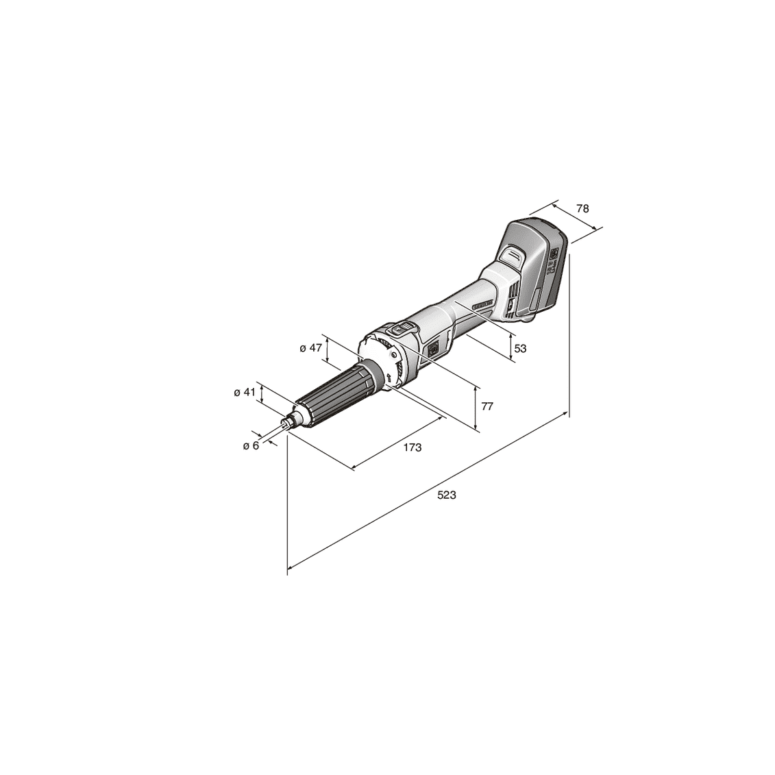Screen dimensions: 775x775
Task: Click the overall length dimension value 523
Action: point(446,495)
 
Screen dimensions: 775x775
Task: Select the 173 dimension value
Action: point(412,447)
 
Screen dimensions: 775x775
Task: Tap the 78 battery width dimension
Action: point(582,208)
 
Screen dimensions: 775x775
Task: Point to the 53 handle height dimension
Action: point(520,348)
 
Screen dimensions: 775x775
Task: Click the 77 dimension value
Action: point(487,406)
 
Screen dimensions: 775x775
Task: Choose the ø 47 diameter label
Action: point(310,348)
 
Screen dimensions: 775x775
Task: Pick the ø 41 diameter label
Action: point(244,393)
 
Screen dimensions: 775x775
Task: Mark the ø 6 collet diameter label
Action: point(251,445)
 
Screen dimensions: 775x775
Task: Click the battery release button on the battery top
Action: point(513,256)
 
